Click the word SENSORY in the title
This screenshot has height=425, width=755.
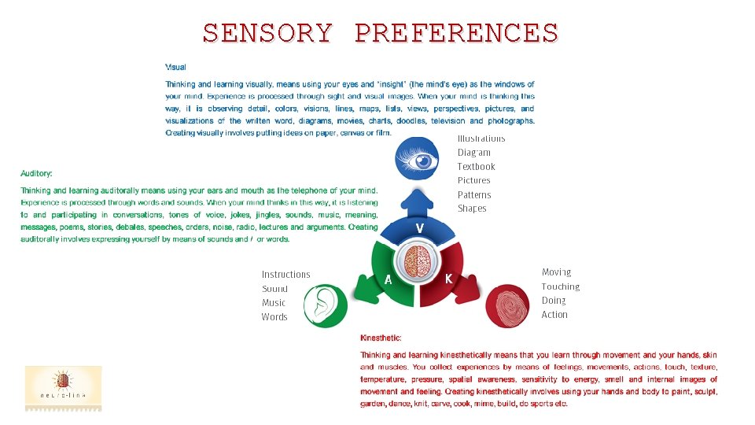click(x=267, y=33)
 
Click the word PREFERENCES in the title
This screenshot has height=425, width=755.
click(x=456, y=33)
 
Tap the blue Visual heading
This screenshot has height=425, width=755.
click(x=175, y=68)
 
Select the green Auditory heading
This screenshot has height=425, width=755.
click(x=36, y=173)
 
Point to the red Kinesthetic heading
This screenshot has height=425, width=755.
click(x=381, y=338)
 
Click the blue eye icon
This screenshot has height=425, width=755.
click(x=425, y=161)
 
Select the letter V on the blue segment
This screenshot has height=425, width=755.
click(x=420, y=227)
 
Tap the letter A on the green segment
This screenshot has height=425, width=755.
click(x=388, y=279)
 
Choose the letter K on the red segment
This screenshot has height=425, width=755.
click(x=448, y=279)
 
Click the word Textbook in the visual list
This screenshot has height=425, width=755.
click(x=476, y=167)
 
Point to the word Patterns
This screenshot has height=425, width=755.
click(x=474, y=195)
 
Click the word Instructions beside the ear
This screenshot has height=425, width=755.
click(x=285, y=275)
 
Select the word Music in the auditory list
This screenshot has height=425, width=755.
click(x=273, y=303)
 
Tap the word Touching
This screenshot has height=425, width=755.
click(x=560, y=287)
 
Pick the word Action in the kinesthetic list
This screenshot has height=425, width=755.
click(x=554, y=315)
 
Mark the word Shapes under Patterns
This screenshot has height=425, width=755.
click(x=472, y=209)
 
